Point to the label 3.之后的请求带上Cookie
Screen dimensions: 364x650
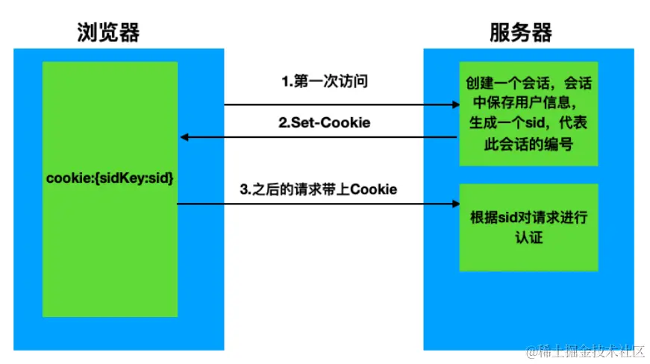coord(319,189)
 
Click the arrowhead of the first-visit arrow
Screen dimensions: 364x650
coord(452,104)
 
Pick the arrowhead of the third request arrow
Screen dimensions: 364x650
coord(452,202)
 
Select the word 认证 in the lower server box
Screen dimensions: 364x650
coord(528,238)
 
